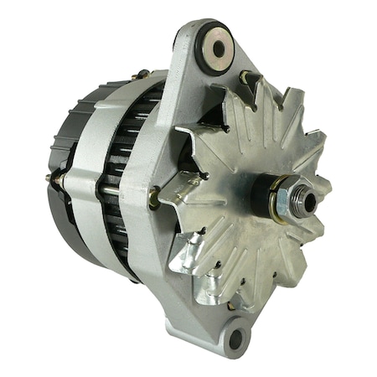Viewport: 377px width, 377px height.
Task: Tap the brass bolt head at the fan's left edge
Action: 155,198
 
